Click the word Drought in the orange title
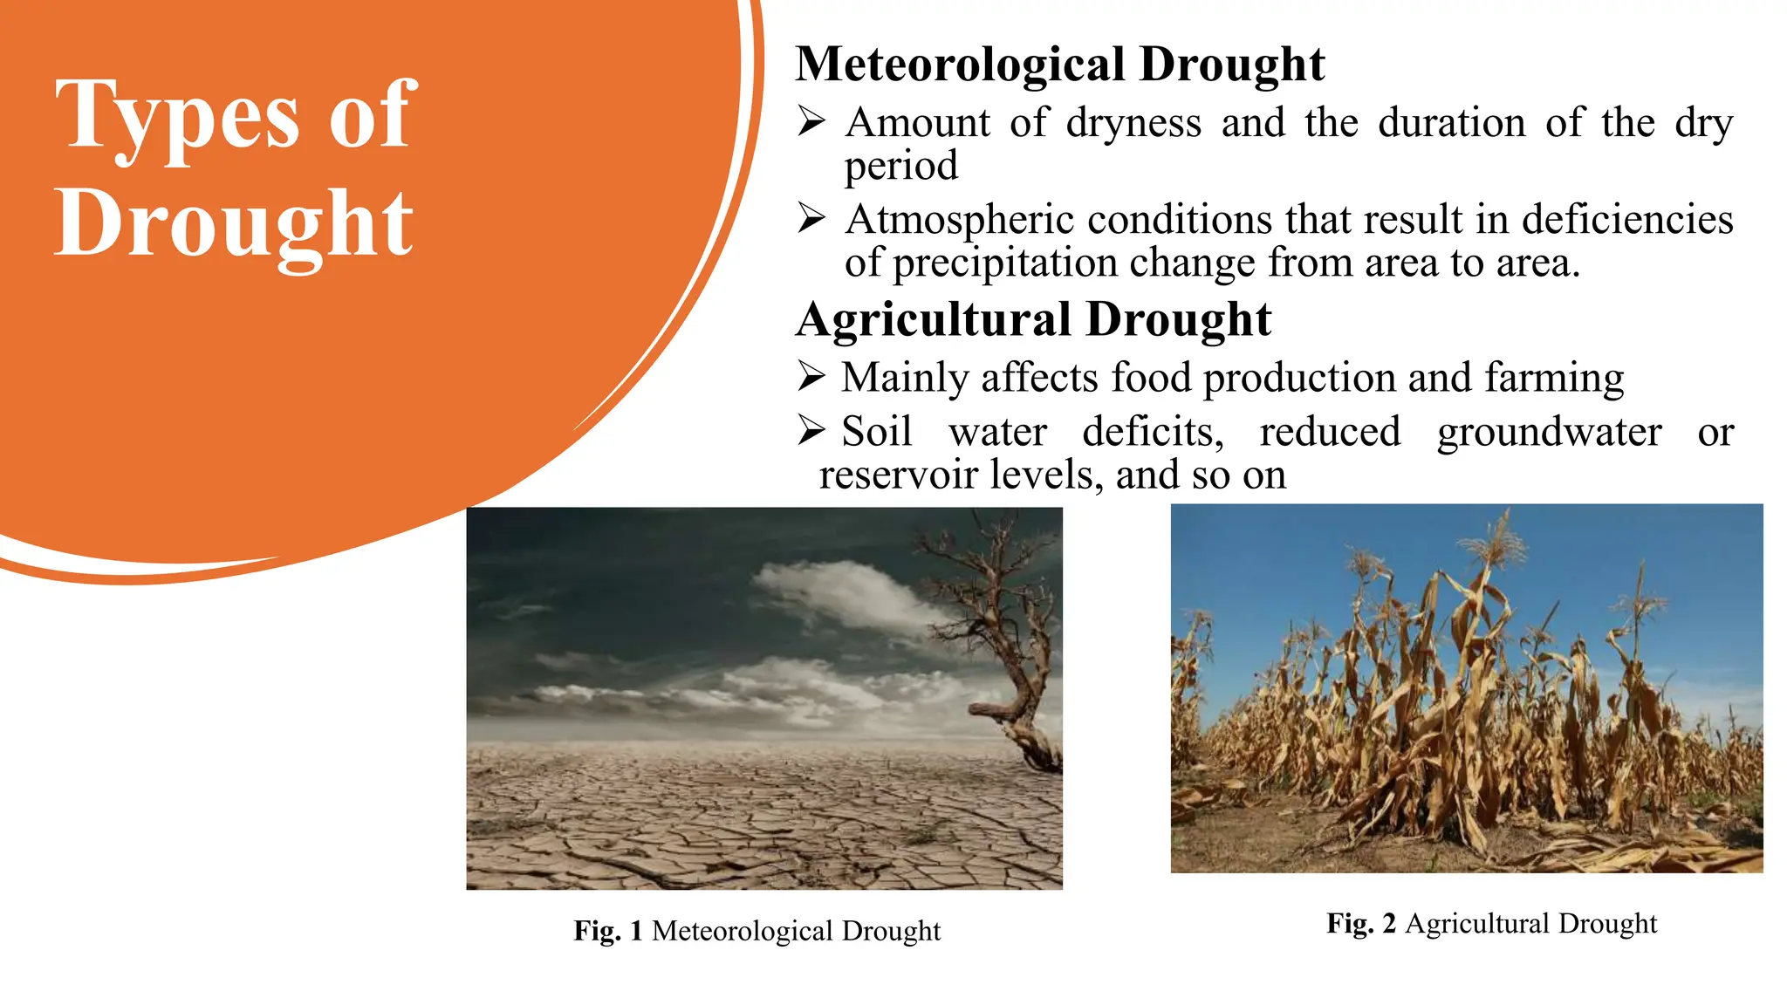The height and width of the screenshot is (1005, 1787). pos(234,225)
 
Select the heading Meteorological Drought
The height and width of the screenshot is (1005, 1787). pos(1059,65)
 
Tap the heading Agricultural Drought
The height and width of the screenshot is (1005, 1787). pos(1033,319)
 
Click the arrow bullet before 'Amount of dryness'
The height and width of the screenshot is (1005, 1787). pos(811,122)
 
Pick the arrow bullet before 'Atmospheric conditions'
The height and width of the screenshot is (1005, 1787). pos(811,218)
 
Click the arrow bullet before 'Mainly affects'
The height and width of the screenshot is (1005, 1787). pos(811,377)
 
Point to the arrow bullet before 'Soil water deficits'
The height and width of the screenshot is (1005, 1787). pos(811,430)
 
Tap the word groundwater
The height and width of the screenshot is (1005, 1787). pos(1549,433)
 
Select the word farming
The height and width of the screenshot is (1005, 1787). pos(1554,379)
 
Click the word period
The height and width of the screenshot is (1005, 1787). pos(900,166)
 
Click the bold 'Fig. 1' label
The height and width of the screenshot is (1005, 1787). pos(608,931)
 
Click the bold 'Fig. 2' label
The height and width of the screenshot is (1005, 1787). pos(1361,923)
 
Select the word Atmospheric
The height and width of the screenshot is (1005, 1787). pos(958,220)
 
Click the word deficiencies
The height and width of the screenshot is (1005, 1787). pos(1627,219)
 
